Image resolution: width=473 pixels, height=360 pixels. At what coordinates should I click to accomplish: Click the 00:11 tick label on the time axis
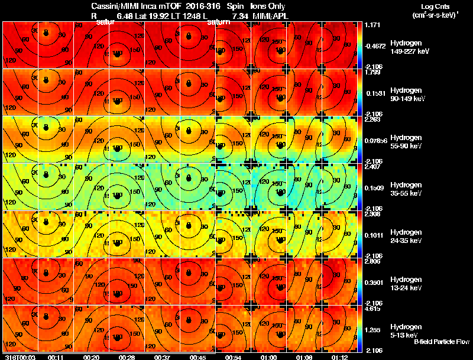(x=56, y=357)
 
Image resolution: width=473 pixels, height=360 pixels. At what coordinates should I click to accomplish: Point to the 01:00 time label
(x=268, y=357)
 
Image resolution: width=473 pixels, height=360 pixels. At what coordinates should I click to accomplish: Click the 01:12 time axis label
(x=339, y=357)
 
